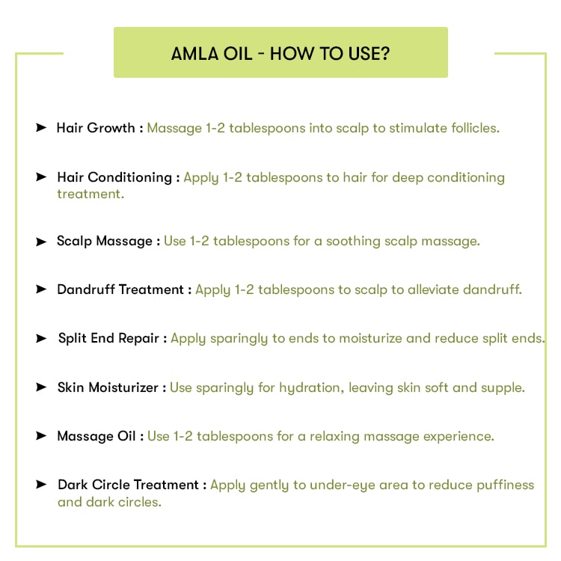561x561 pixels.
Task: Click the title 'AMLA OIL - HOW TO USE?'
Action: [280, 54]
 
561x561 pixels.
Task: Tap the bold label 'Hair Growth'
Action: [96, 128]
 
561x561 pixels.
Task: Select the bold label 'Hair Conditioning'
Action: [114, 177]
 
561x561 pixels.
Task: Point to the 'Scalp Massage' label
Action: [105, 241]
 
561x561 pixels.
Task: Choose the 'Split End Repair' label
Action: [108, 338]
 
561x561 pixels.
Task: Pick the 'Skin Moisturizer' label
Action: [108, 387]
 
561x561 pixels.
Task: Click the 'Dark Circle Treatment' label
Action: [127, 485]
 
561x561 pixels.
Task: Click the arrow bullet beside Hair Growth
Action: [41, 128]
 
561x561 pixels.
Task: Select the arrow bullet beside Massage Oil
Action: [41, 436]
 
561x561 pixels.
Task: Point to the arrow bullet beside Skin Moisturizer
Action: [41, 387]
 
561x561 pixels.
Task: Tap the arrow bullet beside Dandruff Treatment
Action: [41, 289]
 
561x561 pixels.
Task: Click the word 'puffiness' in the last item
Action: [506, 485]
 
